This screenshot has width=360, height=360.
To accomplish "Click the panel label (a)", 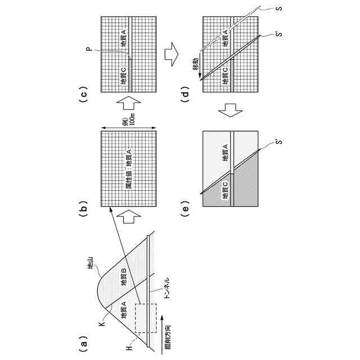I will [x=82, y=341].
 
